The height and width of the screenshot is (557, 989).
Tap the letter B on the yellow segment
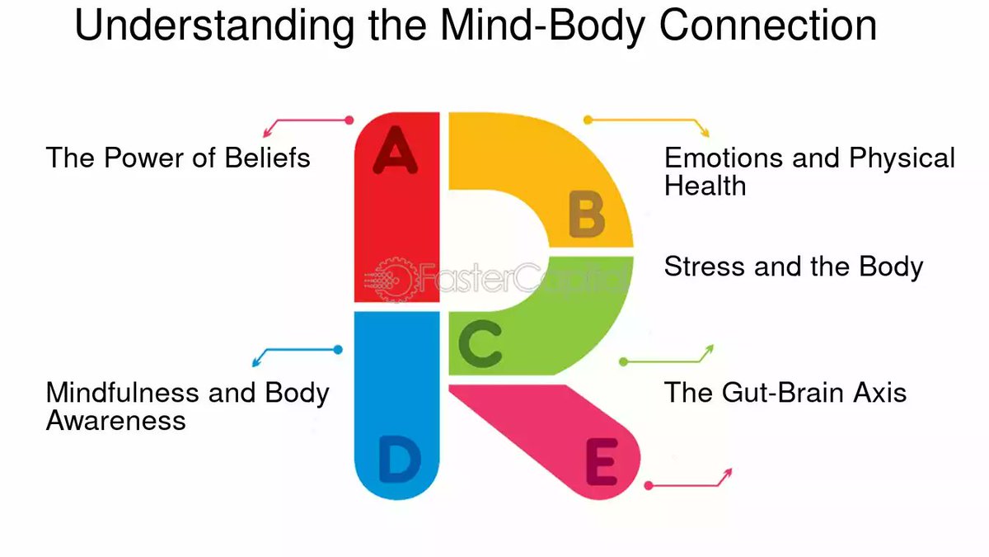click(587, 216)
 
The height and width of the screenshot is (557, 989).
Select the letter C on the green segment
click(480, 347)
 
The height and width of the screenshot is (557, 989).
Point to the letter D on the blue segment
click(399, 462)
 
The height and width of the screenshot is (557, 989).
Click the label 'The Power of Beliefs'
click(178, 157)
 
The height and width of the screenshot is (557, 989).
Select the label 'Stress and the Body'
click(794, 267)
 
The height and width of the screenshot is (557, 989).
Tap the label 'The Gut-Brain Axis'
click(785, 391)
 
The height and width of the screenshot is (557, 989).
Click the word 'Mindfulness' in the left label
click(123, 392)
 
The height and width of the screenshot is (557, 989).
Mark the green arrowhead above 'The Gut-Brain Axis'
click(709, 349)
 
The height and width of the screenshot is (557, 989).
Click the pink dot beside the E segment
click(649, 486)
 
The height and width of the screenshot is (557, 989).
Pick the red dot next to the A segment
click(349, 120)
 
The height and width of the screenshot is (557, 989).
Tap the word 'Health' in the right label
click(705, 186)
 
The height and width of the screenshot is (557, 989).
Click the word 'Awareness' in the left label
click(115, 420)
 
